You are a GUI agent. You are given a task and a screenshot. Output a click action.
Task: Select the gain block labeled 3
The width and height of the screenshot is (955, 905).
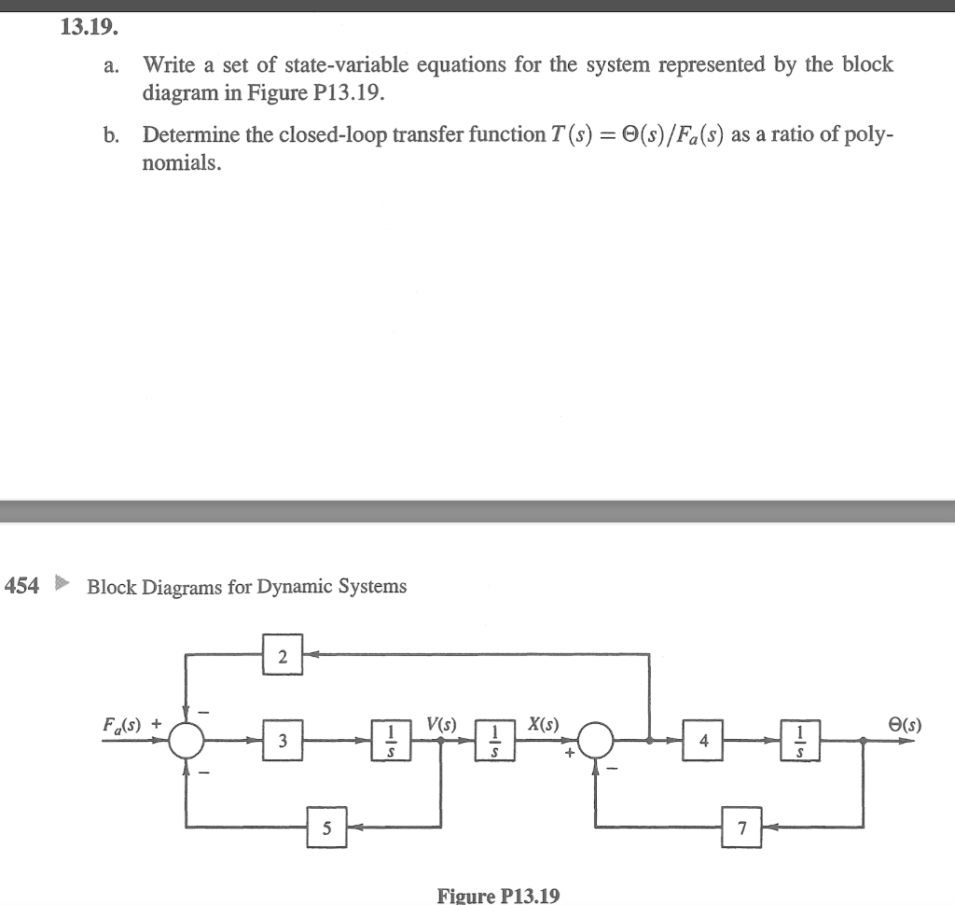coord(283,741)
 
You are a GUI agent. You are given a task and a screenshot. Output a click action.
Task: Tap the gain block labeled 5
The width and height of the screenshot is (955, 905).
coord(327,828)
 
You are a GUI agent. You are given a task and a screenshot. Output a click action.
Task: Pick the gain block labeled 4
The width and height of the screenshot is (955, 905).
coord(704,741)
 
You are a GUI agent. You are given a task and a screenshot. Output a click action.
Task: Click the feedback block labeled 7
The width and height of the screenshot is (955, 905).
coord(742,828)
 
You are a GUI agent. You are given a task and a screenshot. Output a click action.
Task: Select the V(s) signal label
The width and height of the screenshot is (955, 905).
coord(441,724)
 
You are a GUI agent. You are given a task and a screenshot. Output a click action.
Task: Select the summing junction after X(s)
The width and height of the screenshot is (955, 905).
coord(597,741)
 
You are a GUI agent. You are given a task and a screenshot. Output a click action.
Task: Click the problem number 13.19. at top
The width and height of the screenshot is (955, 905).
coord(89,27)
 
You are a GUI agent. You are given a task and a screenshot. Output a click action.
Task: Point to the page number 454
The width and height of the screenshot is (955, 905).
coord(22,586)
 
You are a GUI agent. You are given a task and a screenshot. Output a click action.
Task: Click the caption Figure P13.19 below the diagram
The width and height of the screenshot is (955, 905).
coord(499,896)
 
